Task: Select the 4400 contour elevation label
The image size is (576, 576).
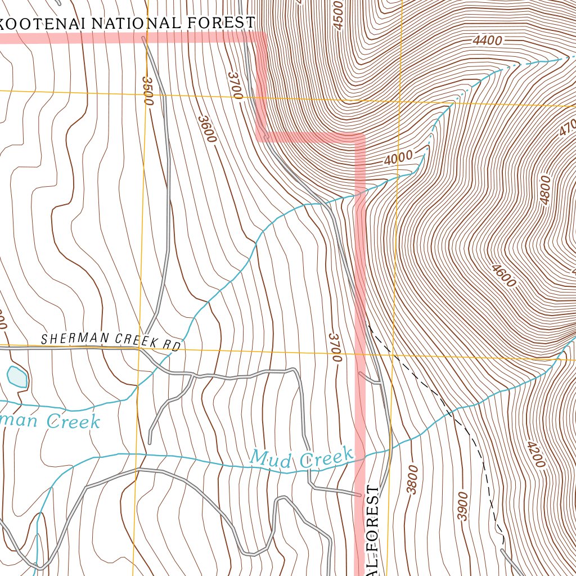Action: (x=487, y=40)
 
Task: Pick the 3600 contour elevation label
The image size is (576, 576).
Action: (x=207, y=129)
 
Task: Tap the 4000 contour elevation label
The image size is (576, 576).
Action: (x=398, y=158)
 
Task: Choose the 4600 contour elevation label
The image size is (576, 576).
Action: (x=503, y=276)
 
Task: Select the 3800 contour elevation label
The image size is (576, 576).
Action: (x=413, y=480)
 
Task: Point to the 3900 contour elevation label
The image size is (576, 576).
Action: (x=462, y=506)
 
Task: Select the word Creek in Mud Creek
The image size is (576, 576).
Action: (x=326, y=458)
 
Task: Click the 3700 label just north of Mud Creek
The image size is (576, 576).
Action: (x=336, y=346)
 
